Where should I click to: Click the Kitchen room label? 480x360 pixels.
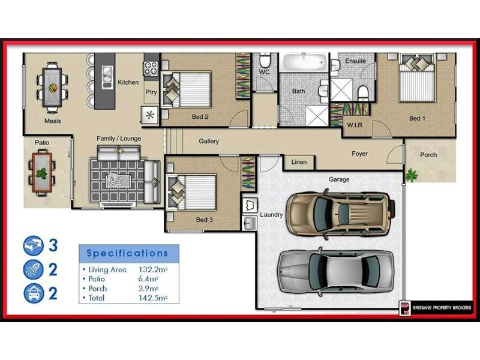click(x=128, y=82)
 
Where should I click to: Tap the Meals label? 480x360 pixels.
click(x=53, y=121)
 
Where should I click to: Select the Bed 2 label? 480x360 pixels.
click(x=200, y=116)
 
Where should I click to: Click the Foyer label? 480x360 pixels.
click(x=359, y=154)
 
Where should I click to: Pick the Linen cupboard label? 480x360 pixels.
click(x=299, y=162)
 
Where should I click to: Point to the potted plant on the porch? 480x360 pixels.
click(x=411, y=175)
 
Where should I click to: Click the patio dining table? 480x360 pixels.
click(x=41, y=173)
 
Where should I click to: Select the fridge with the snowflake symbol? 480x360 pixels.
click(x=150, y=115)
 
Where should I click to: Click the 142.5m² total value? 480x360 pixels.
click(x=154, y=298)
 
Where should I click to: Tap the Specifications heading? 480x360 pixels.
click(x=127, y=253)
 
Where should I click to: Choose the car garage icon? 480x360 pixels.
click(x=33, y=294)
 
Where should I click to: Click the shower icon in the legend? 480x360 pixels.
click(x=33, y=269)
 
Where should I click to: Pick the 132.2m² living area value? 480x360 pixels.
click(x=154, y=269)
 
